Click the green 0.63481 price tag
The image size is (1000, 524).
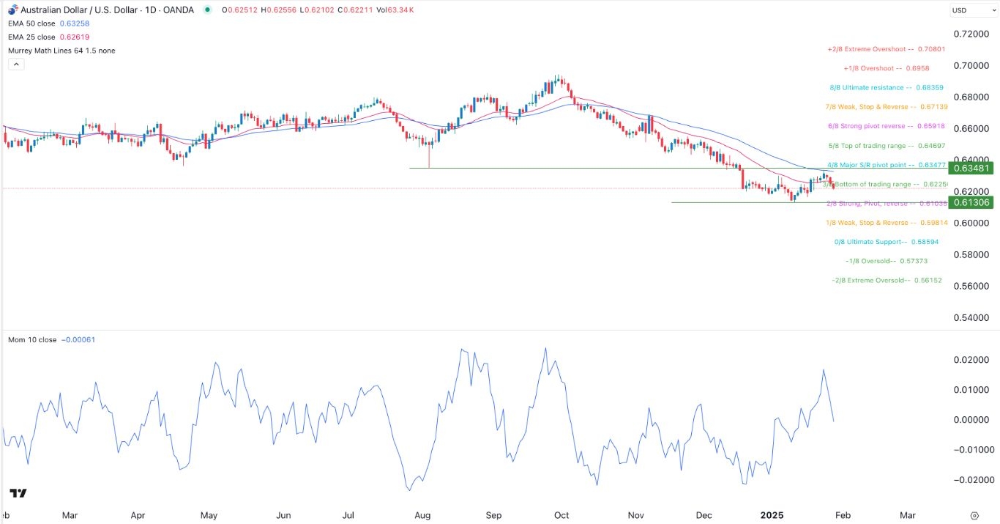(972, 168)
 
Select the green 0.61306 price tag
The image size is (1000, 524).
(972, 202)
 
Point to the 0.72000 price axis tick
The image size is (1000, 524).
(972, 34)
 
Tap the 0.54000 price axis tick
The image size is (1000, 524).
(972, 317)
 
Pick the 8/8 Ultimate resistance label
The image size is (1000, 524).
(886, 87)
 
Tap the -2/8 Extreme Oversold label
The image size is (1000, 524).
(887, 281)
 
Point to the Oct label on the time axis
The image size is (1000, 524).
(562, 515)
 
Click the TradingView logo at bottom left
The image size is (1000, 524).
(19, 493)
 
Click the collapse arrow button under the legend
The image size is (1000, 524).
(16, 64)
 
